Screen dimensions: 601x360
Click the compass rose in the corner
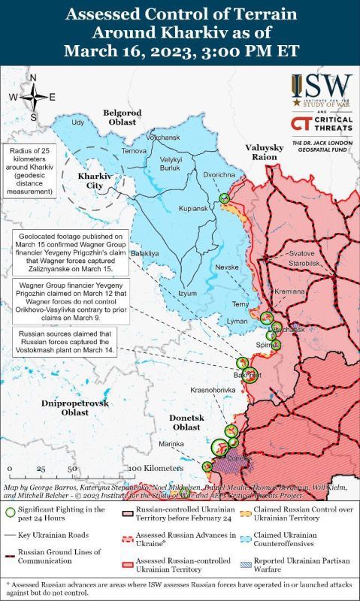(x=33, y=97)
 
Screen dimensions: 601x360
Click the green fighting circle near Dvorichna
(x=224, y=198)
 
